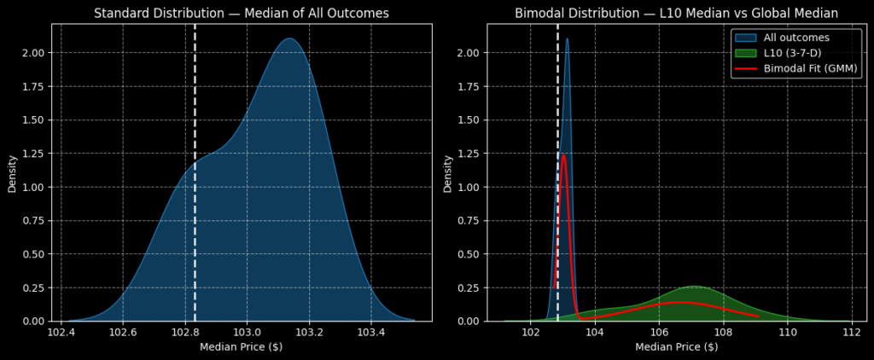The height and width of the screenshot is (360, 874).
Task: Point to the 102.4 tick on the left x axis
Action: tap(61, 332)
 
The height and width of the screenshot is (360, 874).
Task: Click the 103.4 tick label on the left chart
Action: tap(371, 332)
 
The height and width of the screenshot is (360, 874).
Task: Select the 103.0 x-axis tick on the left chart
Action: tap(248, 332)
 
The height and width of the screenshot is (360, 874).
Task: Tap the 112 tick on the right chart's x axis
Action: tap(851, 332)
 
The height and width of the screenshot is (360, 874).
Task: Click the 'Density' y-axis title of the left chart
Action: tap(12, 173)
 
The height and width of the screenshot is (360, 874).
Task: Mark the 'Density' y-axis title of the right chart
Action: tap(447, 173)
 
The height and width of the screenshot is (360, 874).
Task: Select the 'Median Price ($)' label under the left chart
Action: tap(242, 347)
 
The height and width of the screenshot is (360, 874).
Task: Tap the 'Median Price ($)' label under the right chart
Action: tap(677, 347)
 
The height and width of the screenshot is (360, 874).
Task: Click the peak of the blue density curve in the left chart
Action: tap(288, 38)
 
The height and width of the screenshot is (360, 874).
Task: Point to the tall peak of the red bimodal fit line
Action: tap(563, 154)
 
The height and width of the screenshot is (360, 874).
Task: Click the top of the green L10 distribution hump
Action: tap(694, 287)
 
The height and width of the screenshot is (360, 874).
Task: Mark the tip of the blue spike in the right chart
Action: tap(567, 38)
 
